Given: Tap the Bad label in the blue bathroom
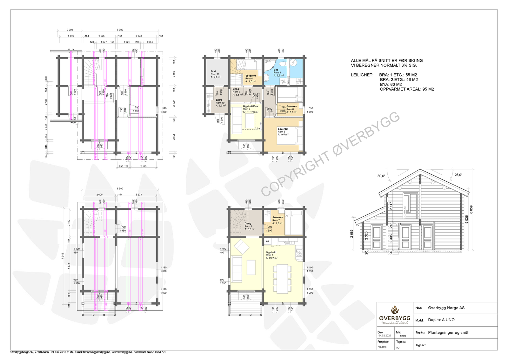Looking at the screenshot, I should (x=276, y=70).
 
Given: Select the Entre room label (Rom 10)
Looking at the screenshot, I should (x=219, y=100).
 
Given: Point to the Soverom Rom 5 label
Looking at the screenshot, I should (x=283, y=129).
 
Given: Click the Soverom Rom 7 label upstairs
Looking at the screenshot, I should (x=277, y=217).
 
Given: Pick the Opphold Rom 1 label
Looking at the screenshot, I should (x=271, y=252).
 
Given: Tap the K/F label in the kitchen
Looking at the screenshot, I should (x=267, y=241).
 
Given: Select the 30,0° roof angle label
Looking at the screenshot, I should (x=381, y=176).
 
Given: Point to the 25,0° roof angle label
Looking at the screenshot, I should (x=458, y=175).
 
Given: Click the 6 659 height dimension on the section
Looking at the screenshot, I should (x=471, y=209).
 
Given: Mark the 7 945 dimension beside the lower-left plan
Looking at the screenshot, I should (x=63, y=257).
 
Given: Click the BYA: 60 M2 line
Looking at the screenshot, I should (x=391, y=85).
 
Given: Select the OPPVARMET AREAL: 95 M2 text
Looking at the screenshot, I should (x=407, y=89).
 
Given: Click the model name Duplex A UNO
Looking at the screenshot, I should (x=441, y=320).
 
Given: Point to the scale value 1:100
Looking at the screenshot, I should (x=403, y=336).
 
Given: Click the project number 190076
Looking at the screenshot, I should (x=382, y=347).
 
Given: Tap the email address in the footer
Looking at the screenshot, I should (x=92, y=352).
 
